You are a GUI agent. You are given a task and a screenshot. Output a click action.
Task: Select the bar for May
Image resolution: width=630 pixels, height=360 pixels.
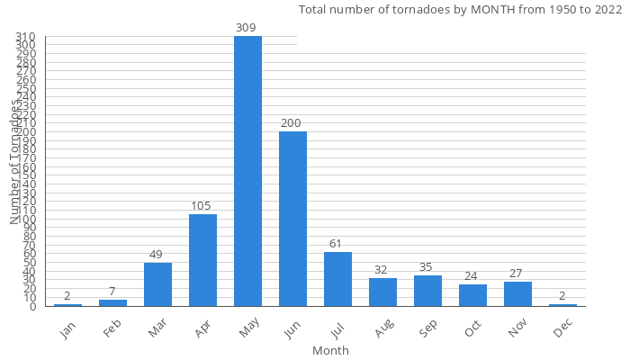[247, 171]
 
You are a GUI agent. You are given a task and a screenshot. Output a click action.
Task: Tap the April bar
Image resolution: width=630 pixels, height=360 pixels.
[202, 260]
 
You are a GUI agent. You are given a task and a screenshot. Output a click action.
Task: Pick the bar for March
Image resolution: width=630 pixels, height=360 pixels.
[157, 284]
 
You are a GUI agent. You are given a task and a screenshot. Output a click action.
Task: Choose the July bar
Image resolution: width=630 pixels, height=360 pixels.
[337, 279]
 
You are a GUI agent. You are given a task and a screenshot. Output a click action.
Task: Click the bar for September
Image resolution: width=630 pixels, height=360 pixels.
[427, 291]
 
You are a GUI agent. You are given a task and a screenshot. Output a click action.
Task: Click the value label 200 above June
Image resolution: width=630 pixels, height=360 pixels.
[291, 123]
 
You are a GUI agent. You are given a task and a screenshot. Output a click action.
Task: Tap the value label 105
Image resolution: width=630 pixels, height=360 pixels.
[202, 206]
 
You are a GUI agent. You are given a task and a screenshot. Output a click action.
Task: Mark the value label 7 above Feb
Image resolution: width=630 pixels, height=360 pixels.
[112, 292]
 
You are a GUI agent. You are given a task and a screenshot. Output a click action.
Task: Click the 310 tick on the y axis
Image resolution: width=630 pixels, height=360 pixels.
[25, 37]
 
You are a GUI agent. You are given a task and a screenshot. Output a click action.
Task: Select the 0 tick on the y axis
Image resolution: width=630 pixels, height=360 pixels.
[32, 307]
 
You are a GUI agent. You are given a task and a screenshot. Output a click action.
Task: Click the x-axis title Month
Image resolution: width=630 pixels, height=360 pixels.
[330, 350]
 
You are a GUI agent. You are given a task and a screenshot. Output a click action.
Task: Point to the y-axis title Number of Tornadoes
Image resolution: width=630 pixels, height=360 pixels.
[15, 162]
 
